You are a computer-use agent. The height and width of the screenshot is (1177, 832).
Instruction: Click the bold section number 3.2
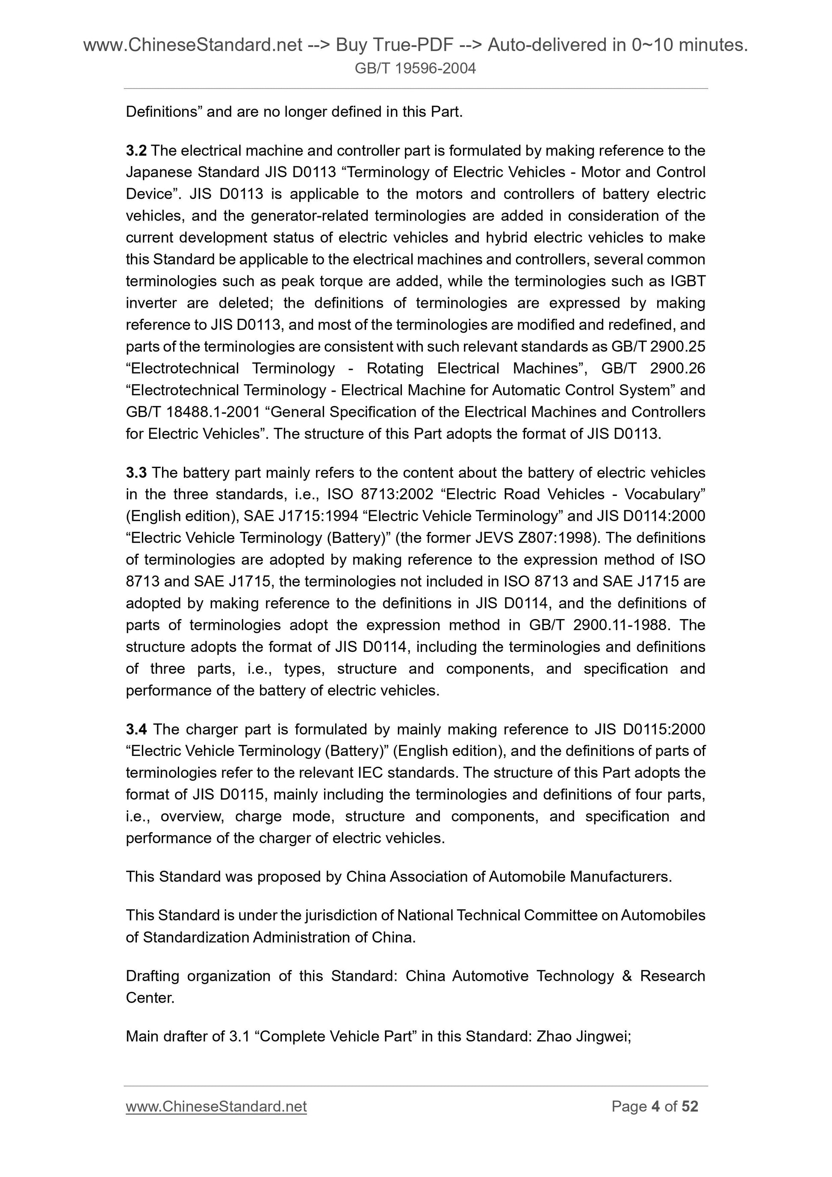[x=136, y=151]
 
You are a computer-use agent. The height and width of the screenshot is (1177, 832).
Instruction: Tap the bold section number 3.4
[x=136, y=729]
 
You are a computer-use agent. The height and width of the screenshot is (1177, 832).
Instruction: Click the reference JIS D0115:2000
[x=650, y=729]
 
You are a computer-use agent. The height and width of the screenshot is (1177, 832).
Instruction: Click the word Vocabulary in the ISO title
[x=664, y=494]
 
